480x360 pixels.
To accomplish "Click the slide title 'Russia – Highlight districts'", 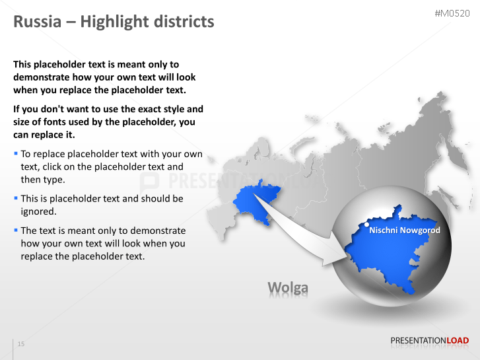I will point(114,22).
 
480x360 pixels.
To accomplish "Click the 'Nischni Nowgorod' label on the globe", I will point(404,231).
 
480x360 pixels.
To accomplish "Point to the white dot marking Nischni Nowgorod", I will point(367,224).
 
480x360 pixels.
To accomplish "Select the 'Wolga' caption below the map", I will point(287,287).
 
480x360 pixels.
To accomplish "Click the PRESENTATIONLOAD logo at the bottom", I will point(429,341).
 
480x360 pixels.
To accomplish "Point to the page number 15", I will point(21,344).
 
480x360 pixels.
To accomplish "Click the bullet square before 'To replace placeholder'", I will point(16,154).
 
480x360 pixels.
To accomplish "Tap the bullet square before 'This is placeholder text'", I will point(16,198).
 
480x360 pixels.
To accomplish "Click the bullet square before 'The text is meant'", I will point(16,230).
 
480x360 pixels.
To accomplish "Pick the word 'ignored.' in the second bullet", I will point(38,211).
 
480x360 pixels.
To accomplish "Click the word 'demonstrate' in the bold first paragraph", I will point(42,77).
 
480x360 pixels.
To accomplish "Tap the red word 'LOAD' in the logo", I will point(458,341).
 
